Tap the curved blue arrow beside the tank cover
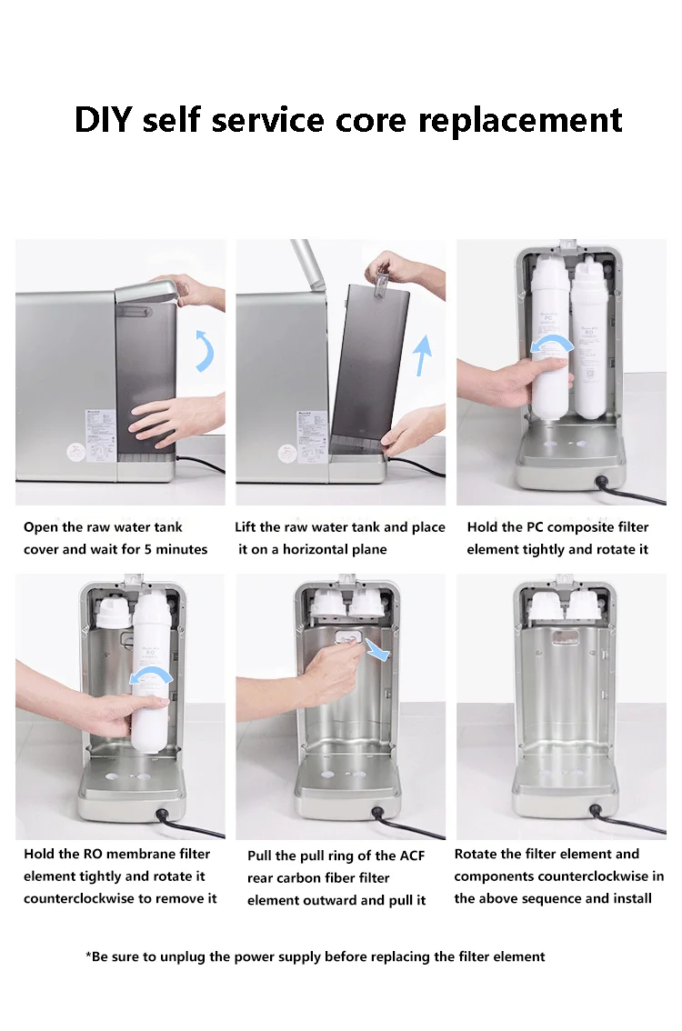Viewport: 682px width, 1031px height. click(x=206, y=351)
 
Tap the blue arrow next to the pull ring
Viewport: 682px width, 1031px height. click(x=377, y=649)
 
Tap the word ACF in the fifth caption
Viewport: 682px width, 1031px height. click(x=411, y=856)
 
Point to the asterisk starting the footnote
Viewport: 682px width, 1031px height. click(x=88, y=954)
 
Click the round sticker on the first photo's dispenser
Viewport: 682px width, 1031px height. click(x=76, y=452)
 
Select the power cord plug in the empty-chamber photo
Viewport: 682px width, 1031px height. click(x=597, y=811)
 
